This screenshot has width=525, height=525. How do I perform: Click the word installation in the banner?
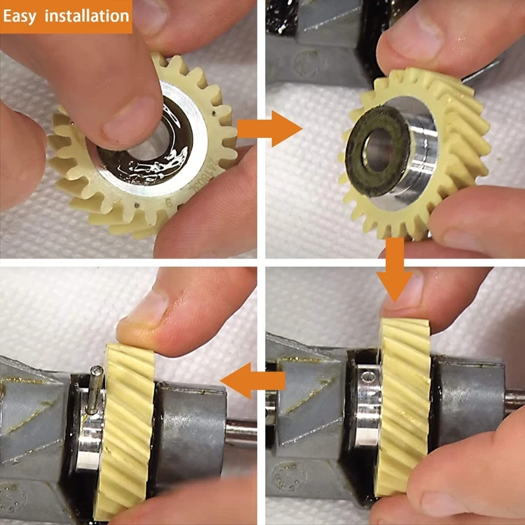tap(87, 16)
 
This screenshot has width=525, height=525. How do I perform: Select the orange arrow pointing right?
tap(270, 129)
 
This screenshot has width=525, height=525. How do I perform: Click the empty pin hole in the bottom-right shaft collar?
tap(368, 377)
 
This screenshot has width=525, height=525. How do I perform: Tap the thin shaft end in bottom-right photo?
tap(514, 398)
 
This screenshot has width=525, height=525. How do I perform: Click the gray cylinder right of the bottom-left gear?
tap(190, 420)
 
